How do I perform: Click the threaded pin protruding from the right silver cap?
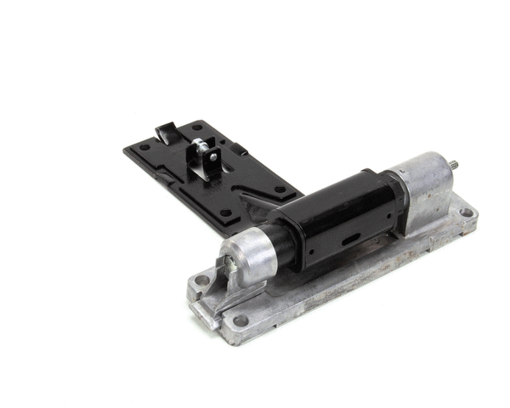coord(457,165)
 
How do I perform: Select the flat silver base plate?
coord(340,280)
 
